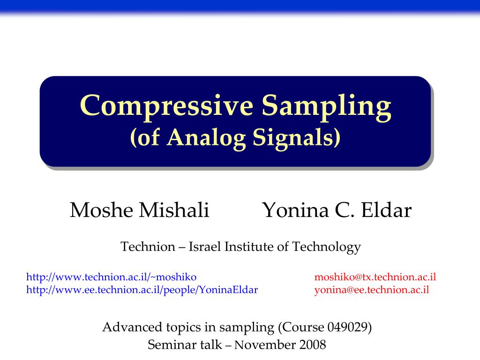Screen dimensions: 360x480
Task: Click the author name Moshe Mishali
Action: [x=139, y=210]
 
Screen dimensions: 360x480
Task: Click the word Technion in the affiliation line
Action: [x=147, y=247]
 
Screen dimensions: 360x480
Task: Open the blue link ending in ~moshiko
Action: [x=111, y=277]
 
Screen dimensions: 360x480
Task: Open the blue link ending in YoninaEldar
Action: [x=142, y=289]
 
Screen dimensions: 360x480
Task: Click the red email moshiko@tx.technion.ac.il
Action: [x=375, y=277]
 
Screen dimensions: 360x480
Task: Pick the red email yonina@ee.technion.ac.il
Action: [x=371, y=289]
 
